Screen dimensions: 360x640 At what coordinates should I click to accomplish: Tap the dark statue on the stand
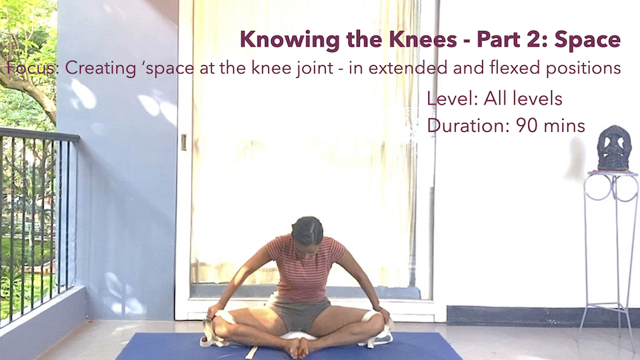click(613, 148)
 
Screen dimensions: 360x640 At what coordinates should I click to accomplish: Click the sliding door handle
click(183, 141)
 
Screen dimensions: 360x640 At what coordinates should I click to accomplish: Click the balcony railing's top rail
click(37, 133)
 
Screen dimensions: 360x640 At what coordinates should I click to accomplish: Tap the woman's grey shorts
click(300, 312)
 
